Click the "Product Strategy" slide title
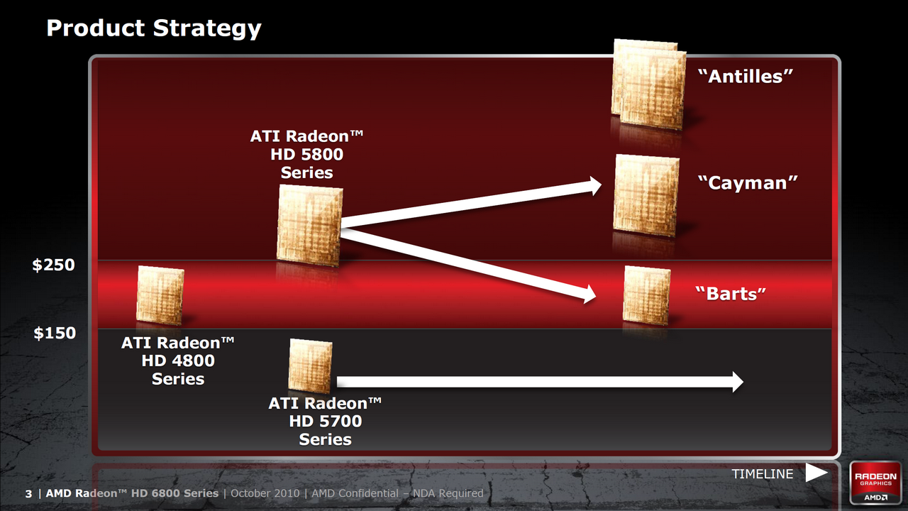[x=154, y=28]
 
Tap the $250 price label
[x=53, y=265]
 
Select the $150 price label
[x=55, y=333]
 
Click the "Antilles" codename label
[x=745, y=76]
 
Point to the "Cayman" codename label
[x=748, y=183]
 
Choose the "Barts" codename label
[x=731, y=294]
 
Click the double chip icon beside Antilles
[x=648, y=84]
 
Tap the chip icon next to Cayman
[x=646, y=195]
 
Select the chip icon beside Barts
[x=646, y=295]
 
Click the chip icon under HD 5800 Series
[x=310, y=226]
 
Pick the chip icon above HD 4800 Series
[x=160, y=295]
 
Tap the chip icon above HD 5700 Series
[x=310, y=366]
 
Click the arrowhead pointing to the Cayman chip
[x=594, y=186]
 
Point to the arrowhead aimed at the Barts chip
[x=589, y=295]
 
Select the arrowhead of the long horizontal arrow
[x=738, y=382]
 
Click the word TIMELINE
[x=763, y=473]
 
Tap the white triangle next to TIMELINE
[x=816, y=473]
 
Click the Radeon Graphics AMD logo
[x=875, y=483]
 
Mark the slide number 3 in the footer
[x=28, y=493]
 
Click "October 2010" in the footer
[x=265, y=493]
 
